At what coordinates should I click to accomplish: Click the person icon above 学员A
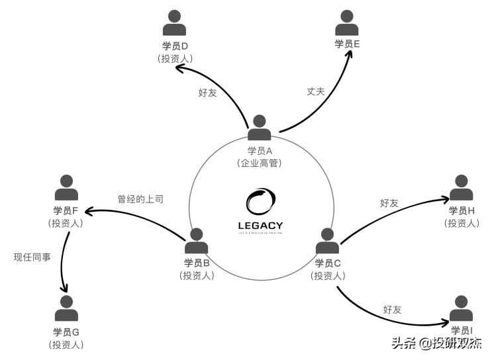coord(260,128)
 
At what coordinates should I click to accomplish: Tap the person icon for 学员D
coord(175,23)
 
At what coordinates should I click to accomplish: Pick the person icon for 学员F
coord(66,188)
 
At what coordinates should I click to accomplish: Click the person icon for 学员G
coord(66,308)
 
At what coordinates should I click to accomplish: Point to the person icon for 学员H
coord(462,188)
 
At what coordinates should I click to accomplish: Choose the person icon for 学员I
coord(462,308)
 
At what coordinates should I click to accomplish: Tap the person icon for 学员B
coord(197,241)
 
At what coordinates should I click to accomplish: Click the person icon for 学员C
coord(328,241)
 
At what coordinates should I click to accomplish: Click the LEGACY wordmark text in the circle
coord(260,226)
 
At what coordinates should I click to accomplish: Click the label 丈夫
coord(316,91)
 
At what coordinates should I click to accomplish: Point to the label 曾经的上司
coord(140,198)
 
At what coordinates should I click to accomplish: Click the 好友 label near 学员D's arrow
coord(207,93)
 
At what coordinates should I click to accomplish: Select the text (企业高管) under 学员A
coord(260,163)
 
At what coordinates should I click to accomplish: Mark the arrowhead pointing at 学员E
coord(348,55)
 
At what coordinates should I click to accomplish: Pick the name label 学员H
coord(462,210)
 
